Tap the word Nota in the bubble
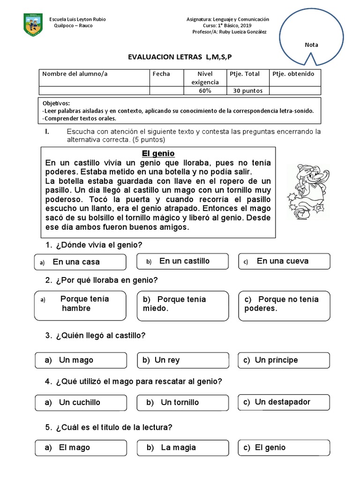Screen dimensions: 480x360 [x=311, y=45]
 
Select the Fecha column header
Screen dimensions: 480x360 [x=161, y=74]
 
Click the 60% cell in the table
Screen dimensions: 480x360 [x=205, y=90]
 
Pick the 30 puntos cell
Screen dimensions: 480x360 [x=248, y=90]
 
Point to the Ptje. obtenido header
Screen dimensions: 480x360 [x=293, y=74]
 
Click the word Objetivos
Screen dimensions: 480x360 [x=56, y=103]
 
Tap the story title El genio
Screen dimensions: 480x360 [x=158, y=154]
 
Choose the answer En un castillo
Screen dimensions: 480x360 [x=182, y=261]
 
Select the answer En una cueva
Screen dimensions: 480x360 [x=284, y=261]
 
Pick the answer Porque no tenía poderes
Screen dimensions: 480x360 [x=284, y=304]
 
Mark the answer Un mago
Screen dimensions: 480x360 [x=81, y=360]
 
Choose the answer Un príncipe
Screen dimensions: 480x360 [x=284, y=360]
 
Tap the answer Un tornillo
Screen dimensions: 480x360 [x=182, y=402]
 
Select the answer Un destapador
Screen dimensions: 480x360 [x=284, y=402]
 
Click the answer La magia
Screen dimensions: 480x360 [x=182, y=448]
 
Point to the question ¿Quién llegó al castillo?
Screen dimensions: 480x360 [x=96, y=336]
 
